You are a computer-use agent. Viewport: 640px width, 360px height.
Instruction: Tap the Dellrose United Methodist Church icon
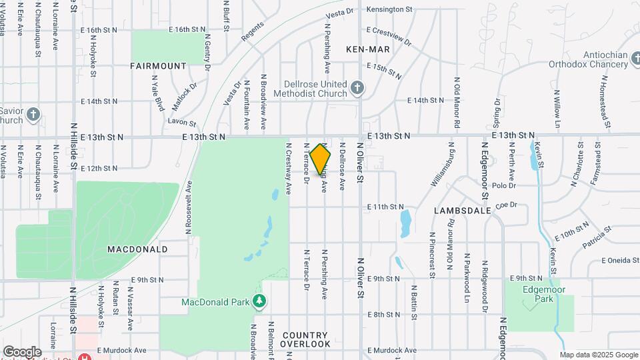point(357,88)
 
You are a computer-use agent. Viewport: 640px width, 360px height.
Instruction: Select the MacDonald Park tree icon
point(260,303)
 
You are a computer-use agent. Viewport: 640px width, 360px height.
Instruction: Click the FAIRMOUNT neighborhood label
point(158,66)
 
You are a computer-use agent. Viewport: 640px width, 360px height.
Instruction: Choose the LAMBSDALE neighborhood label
point(462,210)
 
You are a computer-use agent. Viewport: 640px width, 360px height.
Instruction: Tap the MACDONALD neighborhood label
point(137,249)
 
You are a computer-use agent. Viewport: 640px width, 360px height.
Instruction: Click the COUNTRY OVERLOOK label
point(305,339)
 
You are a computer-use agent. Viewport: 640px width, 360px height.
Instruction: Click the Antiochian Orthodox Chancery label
point(589,59)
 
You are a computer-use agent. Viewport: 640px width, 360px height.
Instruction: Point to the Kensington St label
point(389,10)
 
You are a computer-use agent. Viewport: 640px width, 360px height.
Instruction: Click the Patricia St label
point(596,239)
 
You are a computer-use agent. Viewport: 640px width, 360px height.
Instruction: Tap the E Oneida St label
point(620,261)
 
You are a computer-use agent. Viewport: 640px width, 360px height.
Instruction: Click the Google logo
point(22,351)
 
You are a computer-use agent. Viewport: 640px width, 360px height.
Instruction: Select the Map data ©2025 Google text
point(598,355)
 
